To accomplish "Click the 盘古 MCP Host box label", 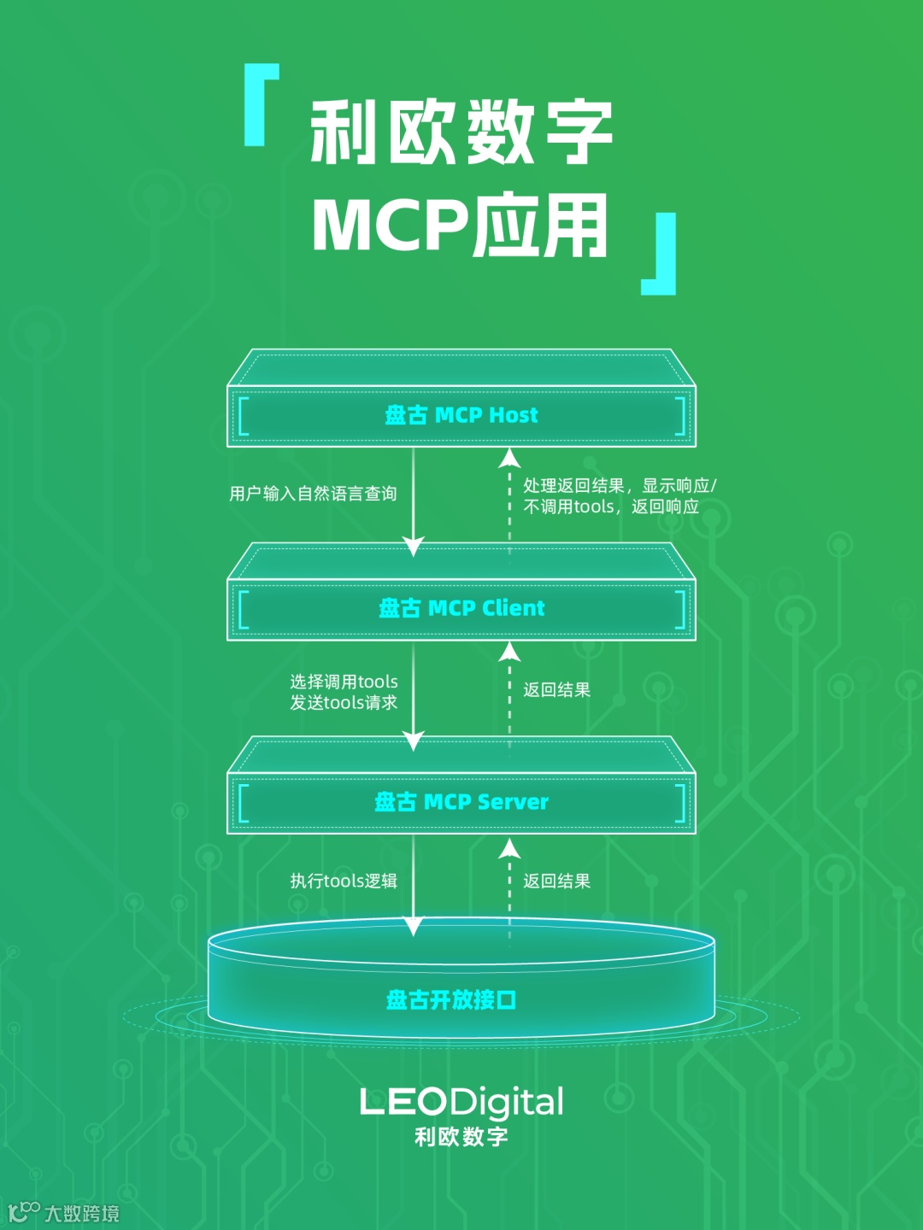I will point(461,415).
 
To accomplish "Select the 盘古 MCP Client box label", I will point(461,608).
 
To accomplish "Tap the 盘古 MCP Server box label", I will point(461,801).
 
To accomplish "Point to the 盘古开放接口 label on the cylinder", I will point(451,999).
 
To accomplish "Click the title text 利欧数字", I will point(461,132).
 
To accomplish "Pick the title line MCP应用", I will point(461,225).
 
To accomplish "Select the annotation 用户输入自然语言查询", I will point(313,494).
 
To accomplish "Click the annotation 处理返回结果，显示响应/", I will point(620,485).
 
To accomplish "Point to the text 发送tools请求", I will point(344,703).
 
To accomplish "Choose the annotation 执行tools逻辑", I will point(344,881).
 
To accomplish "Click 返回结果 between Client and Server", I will point(556,689).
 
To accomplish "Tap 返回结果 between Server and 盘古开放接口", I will point(556,881).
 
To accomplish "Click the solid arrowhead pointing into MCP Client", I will point(414,547).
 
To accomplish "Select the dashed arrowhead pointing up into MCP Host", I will point(510,457).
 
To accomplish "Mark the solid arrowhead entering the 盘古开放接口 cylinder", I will point(414,926).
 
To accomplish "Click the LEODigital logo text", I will point(461,1103).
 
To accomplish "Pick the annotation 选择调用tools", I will point(344,682).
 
